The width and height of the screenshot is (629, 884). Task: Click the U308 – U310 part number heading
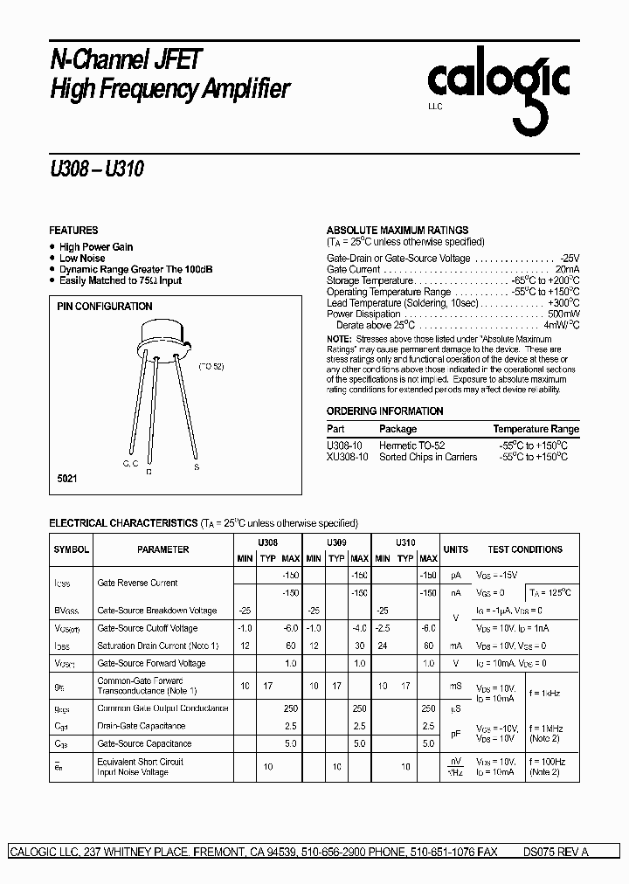pos(96,169)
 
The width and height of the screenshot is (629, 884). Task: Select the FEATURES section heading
pos(73,231)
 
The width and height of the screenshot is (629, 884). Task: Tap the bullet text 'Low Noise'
pos(82,259)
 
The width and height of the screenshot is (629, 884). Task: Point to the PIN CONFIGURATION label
pos(104,307)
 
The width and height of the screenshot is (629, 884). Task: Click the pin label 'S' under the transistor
pos(197,468)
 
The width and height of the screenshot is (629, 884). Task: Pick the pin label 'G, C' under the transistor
pos(131,462)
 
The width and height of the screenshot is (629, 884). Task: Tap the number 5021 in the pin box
pos(67,481)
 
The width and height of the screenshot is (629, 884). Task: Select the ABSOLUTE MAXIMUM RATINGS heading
pos(397,231)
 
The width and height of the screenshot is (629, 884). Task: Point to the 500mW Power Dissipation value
pos(563,314)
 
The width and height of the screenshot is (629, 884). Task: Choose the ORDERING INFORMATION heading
pos(385,411)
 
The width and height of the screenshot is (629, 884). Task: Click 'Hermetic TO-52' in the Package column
pos(412,445)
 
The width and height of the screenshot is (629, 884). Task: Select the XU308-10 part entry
pos(348,457)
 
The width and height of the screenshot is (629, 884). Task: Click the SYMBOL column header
pos(72,550)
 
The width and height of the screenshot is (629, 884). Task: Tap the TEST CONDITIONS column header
pos(525,550)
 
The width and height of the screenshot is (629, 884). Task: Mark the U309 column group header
pos(336,542)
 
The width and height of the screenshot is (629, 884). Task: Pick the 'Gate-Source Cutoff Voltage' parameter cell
pos(148,628)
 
